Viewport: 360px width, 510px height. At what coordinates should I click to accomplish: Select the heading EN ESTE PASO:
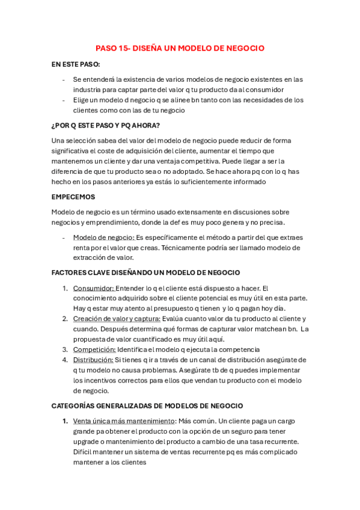(76, 64)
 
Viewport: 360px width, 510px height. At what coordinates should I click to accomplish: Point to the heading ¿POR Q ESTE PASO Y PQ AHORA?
(106, 125)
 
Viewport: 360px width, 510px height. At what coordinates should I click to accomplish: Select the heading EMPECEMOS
(73, 197)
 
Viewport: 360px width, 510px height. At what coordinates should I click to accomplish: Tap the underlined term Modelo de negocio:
(103, 238)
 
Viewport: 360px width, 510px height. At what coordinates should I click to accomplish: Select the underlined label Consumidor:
(93, 288)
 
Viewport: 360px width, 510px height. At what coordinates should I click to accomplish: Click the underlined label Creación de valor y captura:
(117, 319)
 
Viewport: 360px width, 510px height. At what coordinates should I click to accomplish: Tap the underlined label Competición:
(94, 349)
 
